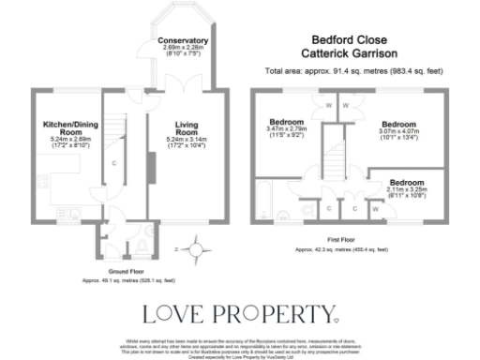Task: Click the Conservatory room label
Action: coord(183,42)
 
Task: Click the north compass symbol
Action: coord(196,249)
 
